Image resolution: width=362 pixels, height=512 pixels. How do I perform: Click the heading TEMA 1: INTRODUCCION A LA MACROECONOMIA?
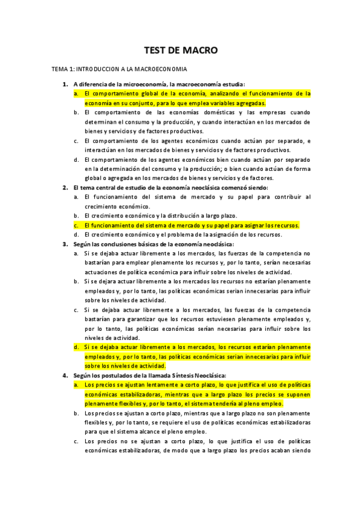pos(119,69)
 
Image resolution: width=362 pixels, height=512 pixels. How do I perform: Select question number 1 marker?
pos(65,84)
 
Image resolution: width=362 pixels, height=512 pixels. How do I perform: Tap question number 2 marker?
pos(65,188)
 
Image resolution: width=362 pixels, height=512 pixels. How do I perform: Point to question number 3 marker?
pos(65,244)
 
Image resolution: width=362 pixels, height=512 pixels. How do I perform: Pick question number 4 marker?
pos(65,375)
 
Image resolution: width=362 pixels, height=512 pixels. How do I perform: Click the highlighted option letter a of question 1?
pos(76,94)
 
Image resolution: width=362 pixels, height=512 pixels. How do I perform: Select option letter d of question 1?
pos(76,159)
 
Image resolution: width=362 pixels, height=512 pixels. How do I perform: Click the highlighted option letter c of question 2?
pos(76,225)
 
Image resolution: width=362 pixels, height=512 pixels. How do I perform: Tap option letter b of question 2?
pos(76,216)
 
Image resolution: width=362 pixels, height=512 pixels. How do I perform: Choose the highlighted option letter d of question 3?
pos(76,347)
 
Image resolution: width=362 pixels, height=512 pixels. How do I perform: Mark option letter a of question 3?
pos(76,254)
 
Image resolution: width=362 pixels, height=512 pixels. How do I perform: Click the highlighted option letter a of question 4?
pos(76,385)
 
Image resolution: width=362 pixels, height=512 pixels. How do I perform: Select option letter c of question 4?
pos(76,441)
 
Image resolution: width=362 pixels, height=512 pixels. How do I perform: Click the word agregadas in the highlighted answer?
pos(249,103)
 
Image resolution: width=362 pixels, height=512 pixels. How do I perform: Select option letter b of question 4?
pos(76,412)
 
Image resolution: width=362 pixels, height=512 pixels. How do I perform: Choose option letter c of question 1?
pos(76,141)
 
